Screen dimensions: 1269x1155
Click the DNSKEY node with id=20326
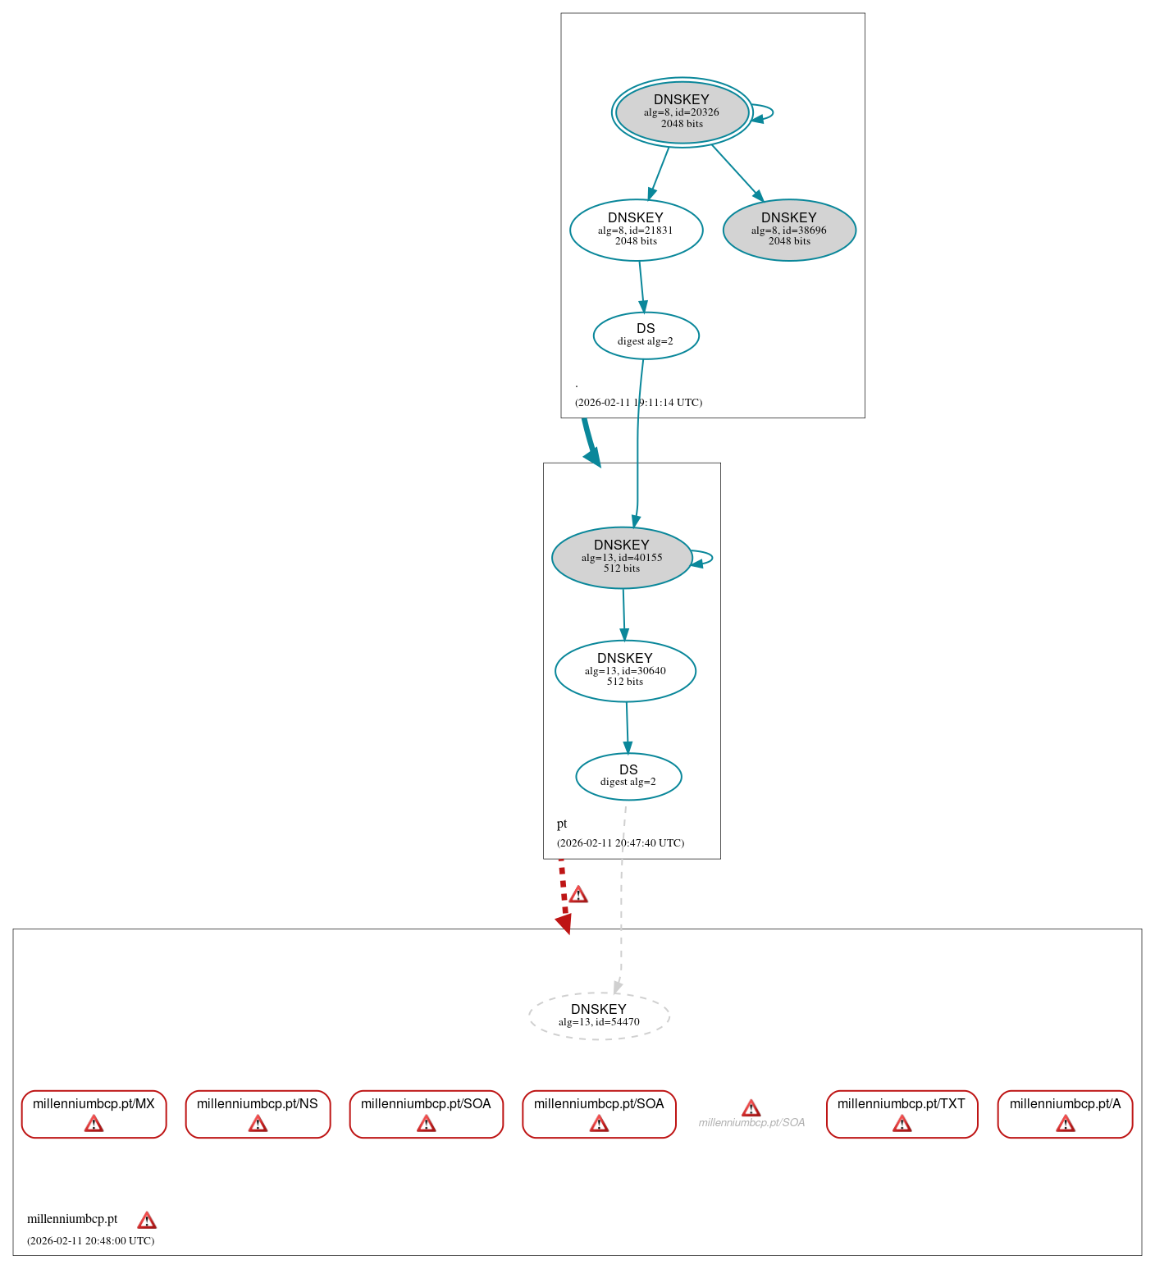pos(682,112)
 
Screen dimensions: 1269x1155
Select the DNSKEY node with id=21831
pos(636,230)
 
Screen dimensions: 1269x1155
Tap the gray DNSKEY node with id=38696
pos(789,230)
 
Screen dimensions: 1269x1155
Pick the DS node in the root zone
pos(646,335)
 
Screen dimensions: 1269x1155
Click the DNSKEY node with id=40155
pos(622,557)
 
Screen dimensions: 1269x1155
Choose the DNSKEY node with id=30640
pos(625,670)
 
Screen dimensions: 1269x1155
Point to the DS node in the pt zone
pos(628,776)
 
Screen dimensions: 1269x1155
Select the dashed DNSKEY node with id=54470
pos(599,1016)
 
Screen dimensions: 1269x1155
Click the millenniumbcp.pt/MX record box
pos(94,1113)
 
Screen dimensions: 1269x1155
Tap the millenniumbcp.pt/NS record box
pos(258,1113)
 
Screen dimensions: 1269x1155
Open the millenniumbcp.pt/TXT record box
pos(902,1113)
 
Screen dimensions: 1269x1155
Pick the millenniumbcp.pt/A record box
pos(1065,1113)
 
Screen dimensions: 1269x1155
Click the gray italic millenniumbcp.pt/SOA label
pos(751,1122)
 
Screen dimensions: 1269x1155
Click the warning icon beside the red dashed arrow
pos(578,894)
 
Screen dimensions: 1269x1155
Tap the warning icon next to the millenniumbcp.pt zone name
pos(147,1220)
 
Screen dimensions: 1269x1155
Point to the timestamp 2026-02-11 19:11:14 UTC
pos(638,403)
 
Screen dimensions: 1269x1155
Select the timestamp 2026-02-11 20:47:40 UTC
pos(620,843)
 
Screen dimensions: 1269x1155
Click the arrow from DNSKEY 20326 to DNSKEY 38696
pos(737,172)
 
